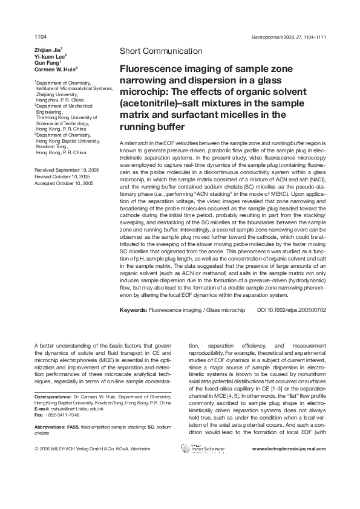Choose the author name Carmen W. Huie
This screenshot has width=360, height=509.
click(56, 70)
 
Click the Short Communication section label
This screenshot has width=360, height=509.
click(161, 51)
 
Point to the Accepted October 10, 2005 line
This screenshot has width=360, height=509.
click(64, 183)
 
